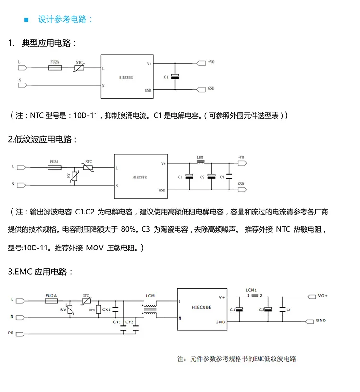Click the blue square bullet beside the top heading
click(x=26, y=20)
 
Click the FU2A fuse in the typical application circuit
click(x=55, y=68)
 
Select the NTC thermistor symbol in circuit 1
click(x=80, y=68)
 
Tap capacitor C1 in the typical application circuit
click(x=175, y=77)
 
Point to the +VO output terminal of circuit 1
click(x=201, y=63)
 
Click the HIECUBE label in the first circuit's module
click(x=126, y=78)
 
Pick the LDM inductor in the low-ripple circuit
click(x=201, y=162)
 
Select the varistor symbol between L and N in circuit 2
click(x=74, y=177)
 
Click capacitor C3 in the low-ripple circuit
click(x=229, y=177)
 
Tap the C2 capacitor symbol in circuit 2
click(x=211, y=177)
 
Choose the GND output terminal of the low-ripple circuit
click(x=242, y=190)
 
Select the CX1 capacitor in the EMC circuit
click(x=115, y=309)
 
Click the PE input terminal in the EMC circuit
click(x=20, y=334)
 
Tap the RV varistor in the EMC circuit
click(x=70, y=309)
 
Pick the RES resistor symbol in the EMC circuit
click(x=99, y=309)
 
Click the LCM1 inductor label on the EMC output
click(x=251, y=290)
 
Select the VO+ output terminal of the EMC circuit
click(x=311, y=297)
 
